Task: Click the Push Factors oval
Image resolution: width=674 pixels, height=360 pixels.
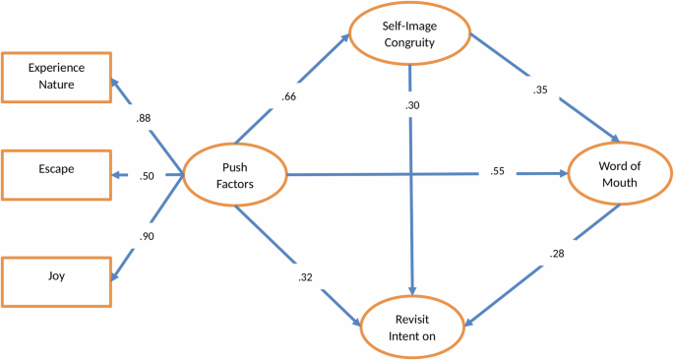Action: tap(234, 176)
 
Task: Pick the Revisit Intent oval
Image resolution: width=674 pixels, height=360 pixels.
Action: tap(410, 326)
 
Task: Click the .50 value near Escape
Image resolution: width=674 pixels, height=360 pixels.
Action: tap(147, 176)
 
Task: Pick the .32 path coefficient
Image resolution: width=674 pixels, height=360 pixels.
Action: tap(306, 277)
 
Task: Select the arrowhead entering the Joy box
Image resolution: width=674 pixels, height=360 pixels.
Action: tap(113, 277)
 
